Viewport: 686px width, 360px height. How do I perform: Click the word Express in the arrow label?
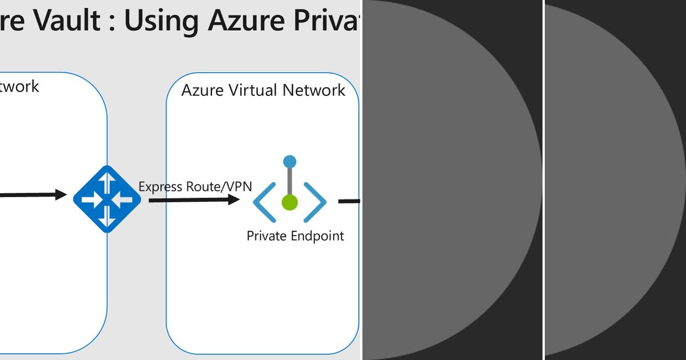point(161,187)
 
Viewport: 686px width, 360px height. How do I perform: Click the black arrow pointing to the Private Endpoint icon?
point(194,199)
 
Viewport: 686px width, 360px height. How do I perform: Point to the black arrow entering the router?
point(34,195)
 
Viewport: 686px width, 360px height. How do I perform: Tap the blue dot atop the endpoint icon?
point(290,162)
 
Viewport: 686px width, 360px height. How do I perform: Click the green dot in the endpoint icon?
point(290,202)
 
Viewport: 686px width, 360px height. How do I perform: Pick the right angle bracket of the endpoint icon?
point(315,202)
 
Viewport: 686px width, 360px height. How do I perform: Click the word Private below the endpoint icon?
point(266,235)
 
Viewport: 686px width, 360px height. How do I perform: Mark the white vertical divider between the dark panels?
point(543,180)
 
